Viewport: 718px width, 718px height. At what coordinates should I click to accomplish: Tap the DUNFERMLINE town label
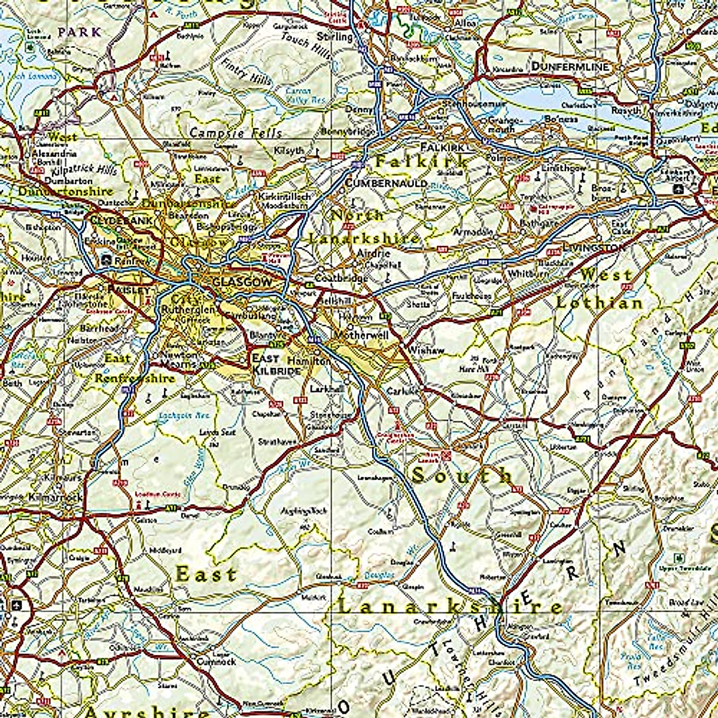[570, 66]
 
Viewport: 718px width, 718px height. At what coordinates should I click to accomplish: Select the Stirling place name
[334, 37]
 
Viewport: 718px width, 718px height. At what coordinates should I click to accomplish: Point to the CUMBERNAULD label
[386, 183]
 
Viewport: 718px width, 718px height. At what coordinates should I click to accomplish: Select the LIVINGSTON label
[593, 247]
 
